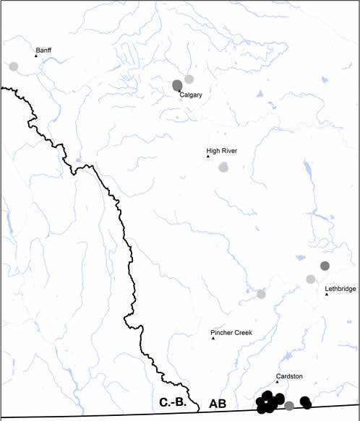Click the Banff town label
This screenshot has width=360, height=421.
click(46, 50)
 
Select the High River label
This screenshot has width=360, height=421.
click(222, 151)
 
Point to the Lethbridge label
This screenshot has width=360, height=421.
click(340, 289)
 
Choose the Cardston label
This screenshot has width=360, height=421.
click(289, 376)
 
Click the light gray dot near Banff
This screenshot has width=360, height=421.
click(13, 66)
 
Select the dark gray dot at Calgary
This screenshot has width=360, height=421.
click(177, 85)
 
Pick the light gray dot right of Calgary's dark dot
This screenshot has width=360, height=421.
click(189, 79)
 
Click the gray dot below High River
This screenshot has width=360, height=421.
click(224, 168)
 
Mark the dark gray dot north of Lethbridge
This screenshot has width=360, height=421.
click(325, 266)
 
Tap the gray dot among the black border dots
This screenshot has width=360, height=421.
click(289, 406)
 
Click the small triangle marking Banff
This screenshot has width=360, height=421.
click(36, 56)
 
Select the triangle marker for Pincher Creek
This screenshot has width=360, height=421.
click(213, 339)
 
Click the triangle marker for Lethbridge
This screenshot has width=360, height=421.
click(327, 294)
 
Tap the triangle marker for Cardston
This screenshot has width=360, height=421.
click(277, 382)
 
